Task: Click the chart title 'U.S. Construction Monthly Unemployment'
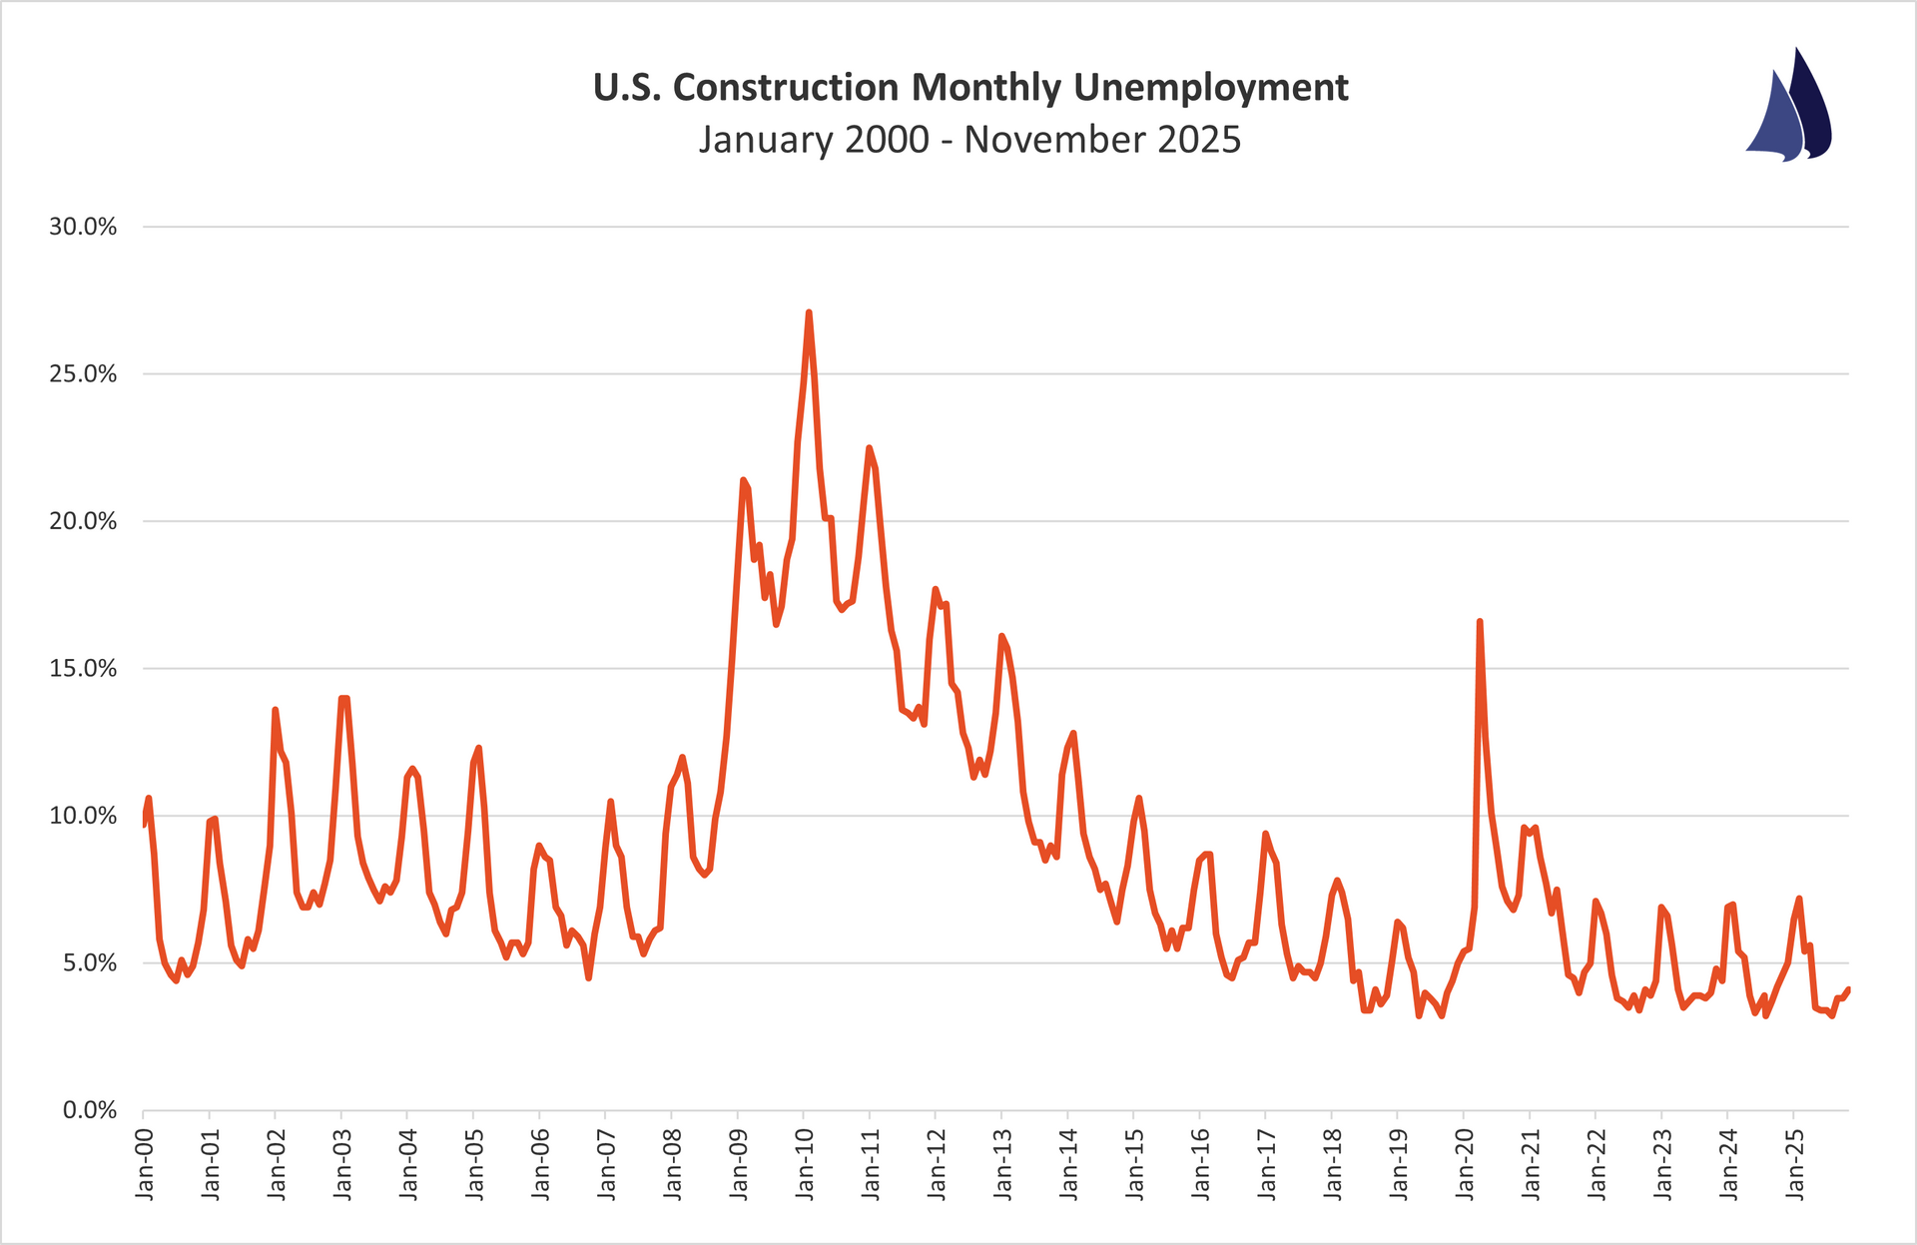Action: (x=970, y=88)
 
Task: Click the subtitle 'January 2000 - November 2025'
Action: (x=970, y=140)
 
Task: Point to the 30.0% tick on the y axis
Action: (x=84, y=227)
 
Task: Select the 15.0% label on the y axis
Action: (x=84, y=669)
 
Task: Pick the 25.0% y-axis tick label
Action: (x=84, y=374)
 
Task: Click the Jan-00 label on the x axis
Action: (x=144, y=1164)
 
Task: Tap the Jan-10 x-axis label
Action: (x=805, y=1164)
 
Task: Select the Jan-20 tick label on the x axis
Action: (x=1465, y=1164)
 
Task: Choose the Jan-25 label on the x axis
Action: (x=1795, y=1164)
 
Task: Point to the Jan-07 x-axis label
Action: (x=606, y=1164)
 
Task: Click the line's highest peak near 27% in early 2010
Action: (x=809, y=312)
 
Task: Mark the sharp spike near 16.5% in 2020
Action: (x=1479, y=621)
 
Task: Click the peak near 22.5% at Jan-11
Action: (x=869, y=448)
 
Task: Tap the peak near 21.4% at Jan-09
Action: (x=743, y=479)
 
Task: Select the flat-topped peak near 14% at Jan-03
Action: (x=343, y=698)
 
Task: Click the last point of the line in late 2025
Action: (x=1848, y=989)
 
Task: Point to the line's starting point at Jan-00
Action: (x=144, y=825)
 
